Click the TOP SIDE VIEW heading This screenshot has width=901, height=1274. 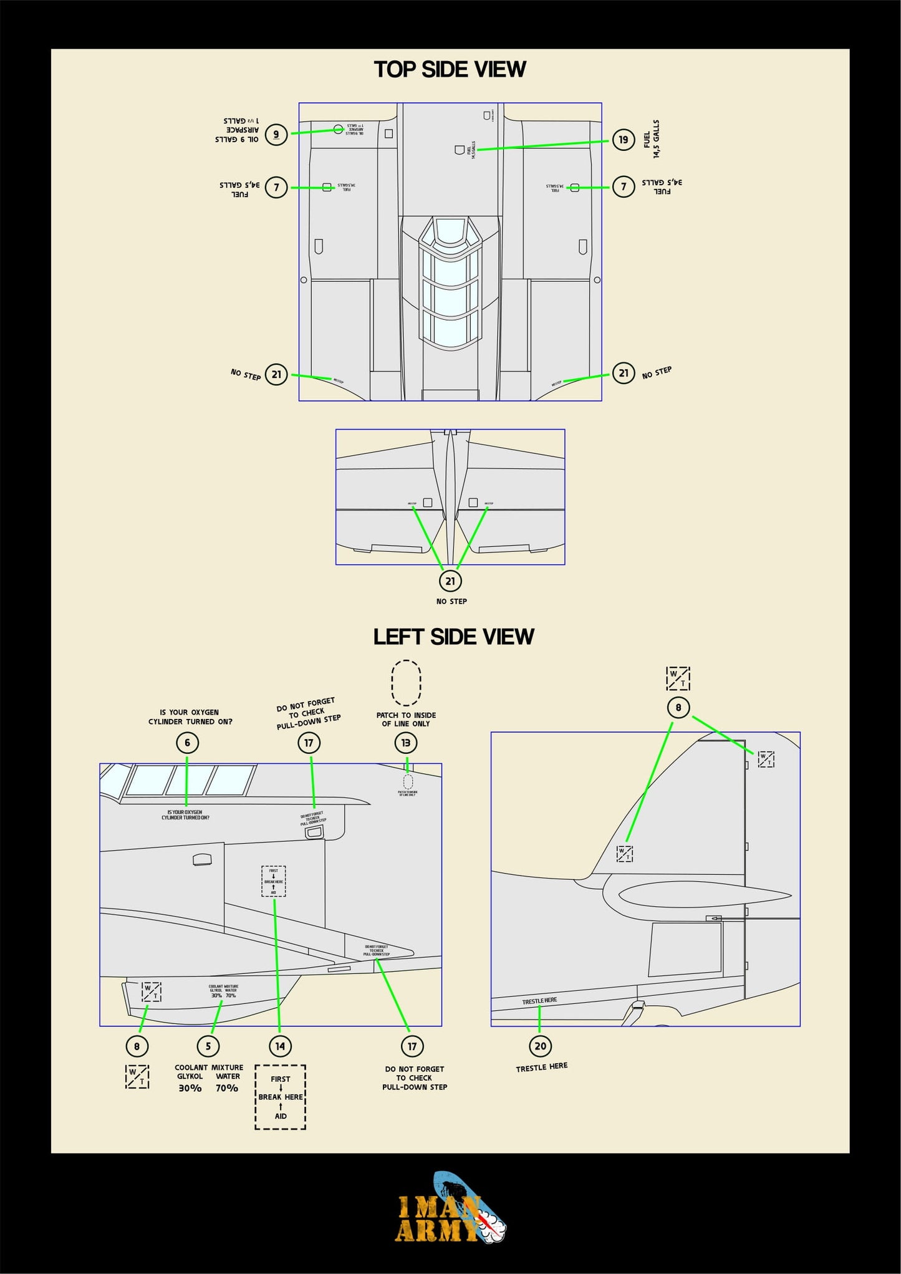[x=450, y=69]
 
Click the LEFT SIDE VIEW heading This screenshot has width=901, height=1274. [x=453, y=637]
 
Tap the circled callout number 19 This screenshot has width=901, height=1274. [x=623, y=140]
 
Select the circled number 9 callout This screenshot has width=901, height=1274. [x=276, y=134]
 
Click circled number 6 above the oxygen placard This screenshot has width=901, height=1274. [x=187, y=743]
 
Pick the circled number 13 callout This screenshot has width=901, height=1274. [x=406, y=743]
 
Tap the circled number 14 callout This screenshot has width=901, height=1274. [x=280, y=1046]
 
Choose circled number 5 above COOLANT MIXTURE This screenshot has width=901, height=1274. [x=208, y=1046]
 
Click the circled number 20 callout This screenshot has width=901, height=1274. [x=540, y=1046]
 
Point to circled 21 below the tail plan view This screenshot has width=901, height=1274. [x=450, y=581]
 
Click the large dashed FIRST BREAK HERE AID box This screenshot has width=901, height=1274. [x=280, y=1098]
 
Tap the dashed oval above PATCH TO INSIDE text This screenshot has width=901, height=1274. [x=406, y=683]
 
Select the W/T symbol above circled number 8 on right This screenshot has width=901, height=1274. [x=678, y=678]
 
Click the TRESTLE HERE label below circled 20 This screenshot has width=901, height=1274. [x=541, y=1068]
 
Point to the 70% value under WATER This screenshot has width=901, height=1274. [x=227, y=1088]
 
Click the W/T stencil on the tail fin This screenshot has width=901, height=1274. [x=624, y=854]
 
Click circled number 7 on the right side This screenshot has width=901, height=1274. [x=623, y=186]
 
